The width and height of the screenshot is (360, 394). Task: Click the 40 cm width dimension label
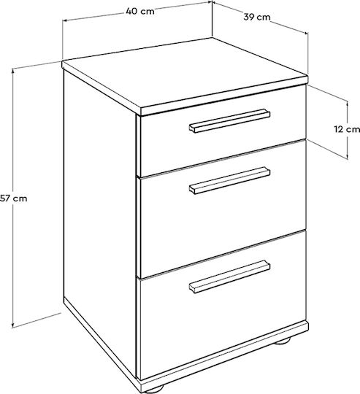tap(140, 11)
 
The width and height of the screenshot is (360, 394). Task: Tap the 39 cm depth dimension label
tap(257, 17)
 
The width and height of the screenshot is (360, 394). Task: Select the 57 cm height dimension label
tap(14, 198)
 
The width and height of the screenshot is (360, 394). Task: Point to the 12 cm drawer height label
tap(347, 129)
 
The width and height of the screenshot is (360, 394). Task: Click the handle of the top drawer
tap(229, 120)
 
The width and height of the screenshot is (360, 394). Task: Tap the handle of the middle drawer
tap(229, 180)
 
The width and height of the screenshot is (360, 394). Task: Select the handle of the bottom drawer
tap(229, 277)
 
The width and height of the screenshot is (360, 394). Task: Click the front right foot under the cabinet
tap(282, 341)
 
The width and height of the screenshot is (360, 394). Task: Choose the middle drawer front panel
tap(223, 209)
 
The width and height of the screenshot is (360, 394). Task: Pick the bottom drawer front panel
tap(223, 305)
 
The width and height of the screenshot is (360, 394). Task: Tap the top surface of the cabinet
tap(185, 74)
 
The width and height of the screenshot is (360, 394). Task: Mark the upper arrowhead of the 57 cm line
tap(13, 72)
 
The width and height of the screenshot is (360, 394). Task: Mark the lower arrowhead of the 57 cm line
tap(13, 325)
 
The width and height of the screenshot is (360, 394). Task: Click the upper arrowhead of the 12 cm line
tap(348, 104)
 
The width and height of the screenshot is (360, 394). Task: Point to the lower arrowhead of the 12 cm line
tap(348, 156)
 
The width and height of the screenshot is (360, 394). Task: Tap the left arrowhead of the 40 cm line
tap(66, 20)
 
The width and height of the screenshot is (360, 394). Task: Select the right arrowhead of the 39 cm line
tap(305, 32)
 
